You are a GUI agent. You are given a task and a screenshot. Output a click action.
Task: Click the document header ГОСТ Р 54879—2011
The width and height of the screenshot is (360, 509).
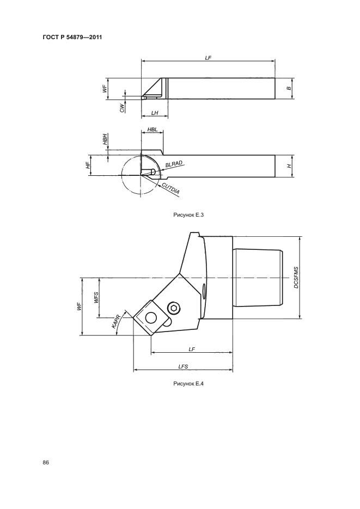(x=72, y=38)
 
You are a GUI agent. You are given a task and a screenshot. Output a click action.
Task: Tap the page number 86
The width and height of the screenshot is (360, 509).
(x=46, y=463)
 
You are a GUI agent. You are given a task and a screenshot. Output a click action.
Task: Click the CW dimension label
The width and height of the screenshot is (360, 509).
(x=122, y=108)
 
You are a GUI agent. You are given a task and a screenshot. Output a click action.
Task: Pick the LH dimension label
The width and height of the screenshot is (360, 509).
(x=155, y=113)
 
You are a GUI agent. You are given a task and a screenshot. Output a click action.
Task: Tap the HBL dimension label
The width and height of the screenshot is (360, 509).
(x=152, y=130)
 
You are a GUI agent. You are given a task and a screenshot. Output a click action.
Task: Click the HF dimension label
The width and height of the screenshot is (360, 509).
(x=87, y=165)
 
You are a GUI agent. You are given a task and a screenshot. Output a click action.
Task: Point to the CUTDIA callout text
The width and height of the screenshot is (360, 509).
(x=171, y=189)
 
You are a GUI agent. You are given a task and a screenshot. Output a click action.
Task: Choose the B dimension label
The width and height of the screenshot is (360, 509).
(x=289, y=88)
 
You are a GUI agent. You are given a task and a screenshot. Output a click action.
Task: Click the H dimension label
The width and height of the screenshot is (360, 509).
(x=289, y=166)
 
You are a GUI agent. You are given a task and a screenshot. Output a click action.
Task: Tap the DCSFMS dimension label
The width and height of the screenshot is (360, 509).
(x=296, y=278)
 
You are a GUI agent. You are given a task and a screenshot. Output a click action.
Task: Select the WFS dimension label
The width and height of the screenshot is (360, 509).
(x=96, y=298)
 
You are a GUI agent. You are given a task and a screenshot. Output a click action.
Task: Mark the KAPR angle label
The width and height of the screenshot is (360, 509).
(x=116, y=321)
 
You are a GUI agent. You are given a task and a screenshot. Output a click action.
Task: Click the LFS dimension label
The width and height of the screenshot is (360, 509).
(x=183, y=367)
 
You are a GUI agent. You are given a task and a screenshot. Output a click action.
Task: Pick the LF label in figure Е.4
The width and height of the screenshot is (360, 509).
(x=192, y=349)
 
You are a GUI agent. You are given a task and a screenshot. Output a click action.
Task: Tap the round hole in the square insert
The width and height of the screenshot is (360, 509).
(x=151, y=318)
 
